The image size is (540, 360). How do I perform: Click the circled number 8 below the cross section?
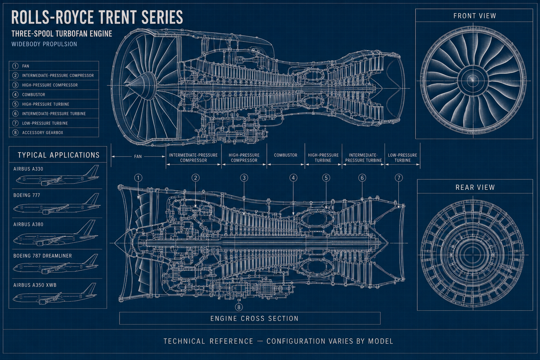tap(239, 307)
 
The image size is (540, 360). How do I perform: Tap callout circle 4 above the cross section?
tap(294, 178)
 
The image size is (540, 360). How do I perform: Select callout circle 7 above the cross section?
tap(399, 178)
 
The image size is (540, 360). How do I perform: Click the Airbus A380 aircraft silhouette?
tap(56, 236)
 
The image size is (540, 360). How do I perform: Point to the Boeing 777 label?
tap(27, 195)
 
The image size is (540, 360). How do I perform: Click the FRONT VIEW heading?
tap(475, 16)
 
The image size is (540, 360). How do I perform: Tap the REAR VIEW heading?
tap(475, 187)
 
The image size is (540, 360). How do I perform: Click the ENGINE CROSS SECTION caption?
tap(255, 319)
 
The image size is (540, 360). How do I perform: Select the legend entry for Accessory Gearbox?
tap(43, 133)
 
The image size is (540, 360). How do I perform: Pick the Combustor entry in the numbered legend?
tap(33, 95)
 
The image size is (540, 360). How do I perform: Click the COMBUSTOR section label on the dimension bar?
tap(286, 155)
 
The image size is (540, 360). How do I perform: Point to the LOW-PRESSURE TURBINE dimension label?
tap(402, 158)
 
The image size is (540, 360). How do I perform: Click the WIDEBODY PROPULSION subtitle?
tap(44, 44)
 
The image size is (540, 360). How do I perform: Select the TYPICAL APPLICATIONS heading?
tap(59, 155)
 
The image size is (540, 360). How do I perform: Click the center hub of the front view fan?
tap(473, 80)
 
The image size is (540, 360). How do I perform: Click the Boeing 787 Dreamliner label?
tap(43, 256)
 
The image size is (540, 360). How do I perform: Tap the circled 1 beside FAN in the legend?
tap(15, 66)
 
